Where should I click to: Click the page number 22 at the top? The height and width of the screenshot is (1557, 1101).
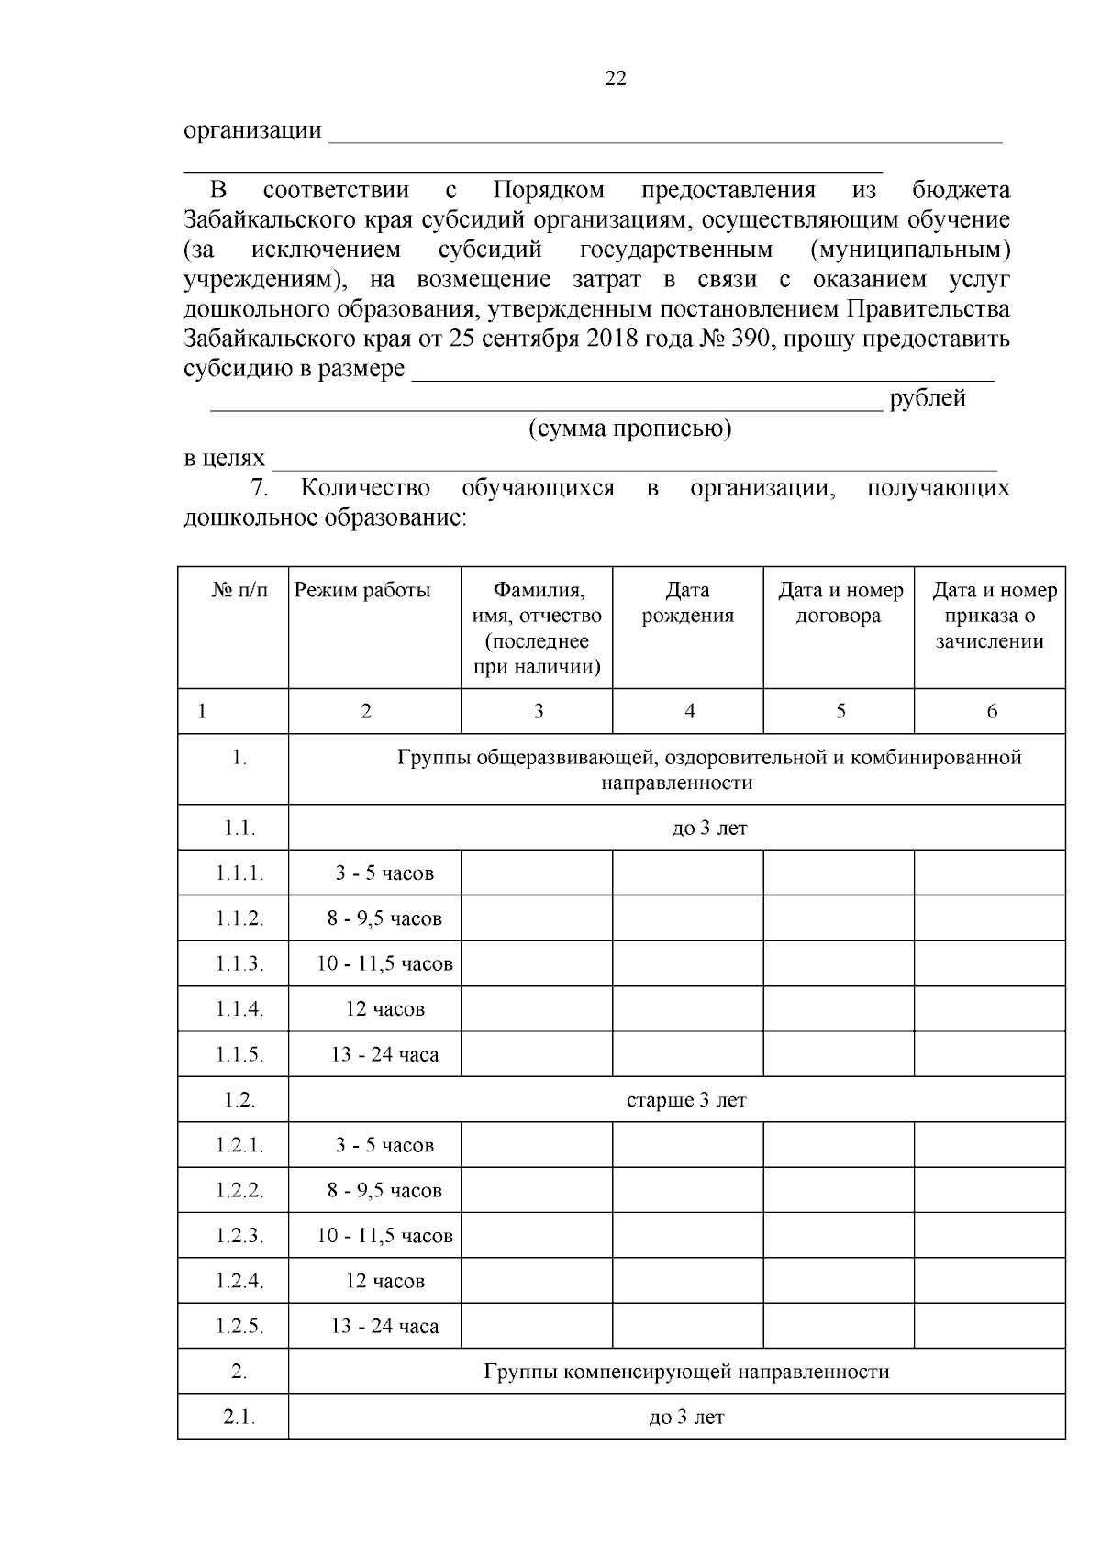coord(616,80)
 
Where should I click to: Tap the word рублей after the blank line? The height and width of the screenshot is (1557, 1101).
coord(928,399)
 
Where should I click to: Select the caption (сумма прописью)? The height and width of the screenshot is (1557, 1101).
coord(629,428)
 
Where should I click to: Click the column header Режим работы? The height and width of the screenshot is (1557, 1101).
coord(362,591)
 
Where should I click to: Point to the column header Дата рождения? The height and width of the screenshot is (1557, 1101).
coord(687,603)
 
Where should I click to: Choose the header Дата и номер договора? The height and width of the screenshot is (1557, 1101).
coord(840,603)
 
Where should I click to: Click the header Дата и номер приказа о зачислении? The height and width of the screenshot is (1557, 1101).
coord(994,616)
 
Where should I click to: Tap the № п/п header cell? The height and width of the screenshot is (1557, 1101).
coord(239,591)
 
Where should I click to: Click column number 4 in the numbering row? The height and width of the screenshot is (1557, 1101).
coord(690,711)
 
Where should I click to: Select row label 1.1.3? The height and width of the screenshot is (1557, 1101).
coord(239,964)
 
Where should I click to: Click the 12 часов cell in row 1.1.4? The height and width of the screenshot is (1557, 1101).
coord(384,1009)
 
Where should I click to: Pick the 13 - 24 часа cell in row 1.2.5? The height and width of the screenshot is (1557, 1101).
coord(384,1327)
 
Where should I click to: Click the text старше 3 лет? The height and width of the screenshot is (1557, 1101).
coord(686,1100)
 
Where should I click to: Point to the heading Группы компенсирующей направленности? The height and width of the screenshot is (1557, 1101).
coord(686,1373)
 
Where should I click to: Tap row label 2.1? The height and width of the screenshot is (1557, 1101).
coord(239,1418)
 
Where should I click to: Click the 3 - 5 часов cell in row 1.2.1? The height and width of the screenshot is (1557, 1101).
coord(384,1146)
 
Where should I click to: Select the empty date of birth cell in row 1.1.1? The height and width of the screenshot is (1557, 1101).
coord(687,873)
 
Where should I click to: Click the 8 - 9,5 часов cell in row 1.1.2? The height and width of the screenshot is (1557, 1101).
coord(384,918)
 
